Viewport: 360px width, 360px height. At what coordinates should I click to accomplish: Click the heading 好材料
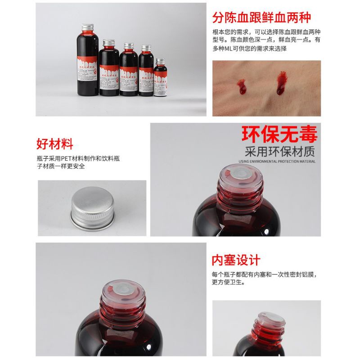point(54,144)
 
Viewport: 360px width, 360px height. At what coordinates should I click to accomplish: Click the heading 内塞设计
point(236,260)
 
